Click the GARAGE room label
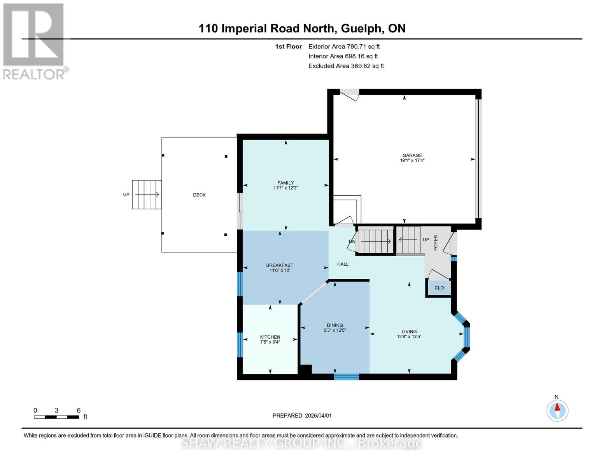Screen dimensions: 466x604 (412, 155)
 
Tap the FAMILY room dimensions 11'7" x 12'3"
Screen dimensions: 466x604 (285, 188)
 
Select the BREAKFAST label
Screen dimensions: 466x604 (279, 265)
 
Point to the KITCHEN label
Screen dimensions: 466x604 (270, 337)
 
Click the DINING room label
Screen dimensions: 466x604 (334, 325)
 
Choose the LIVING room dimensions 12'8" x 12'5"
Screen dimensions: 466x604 (409, 337)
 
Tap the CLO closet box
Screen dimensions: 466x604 (439, 288)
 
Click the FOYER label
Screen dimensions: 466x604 (436, 243)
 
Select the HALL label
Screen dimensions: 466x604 (343, 264)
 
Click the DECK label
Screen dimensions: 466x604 (199, 195)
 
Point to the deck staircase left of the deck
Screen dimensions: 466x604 (147, 195)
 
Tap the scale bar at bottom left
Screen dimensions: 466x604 (56, 417)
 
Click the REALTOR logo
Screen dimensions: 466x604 (34, 41)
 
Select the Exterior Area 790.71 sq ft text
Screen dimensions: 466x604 (344, 47)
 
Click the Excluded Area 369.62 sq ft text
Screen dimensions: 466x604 (346, 66)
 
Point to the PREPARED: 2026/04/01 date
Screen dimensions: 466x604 (302, 416)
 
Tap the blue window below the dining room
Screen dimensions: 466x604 (346, 376)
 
